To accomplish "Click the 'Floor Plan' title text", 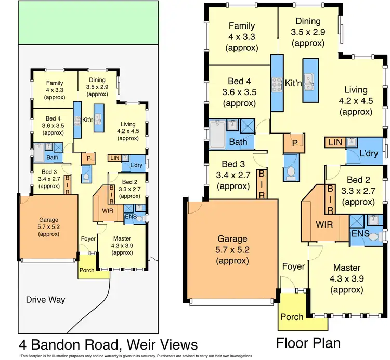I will (x=308, y=343).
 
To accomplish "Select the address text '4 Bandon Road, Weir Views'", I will (x=108, y=344).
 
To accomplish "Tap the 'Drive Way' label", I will (x=46, y=300).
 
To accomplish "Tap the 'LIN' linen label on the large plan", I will (x=334, y=142).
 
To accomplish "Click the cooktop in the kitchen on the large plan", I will (x=277, y=83).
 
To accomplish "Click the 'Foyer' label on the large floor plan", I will (x=293, y=266).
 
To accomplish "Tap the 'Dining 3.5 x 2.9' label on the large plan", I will (x=309, y=32).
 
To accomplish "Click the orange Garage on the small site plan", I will (x=48, y=226).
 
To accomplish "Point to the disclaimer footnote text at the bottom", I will (x=135, y=356).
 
